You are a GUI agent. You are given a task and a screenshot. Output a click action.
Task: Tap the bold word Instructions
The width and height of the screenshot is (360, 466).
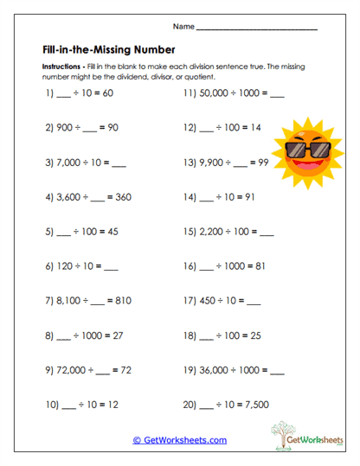pos(61,66)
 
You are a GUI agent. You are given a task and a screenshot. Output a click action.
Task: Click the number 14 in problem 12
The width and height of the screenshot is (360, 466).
pos(268,126)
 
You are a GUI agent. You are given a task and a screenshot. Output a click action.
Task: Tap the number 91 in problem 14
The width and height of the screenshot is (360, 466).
pos(262,197)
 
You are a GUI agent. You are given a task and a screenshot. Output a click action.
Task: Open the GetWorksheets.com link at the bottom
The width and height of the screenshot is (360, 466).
pos(180,440)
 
